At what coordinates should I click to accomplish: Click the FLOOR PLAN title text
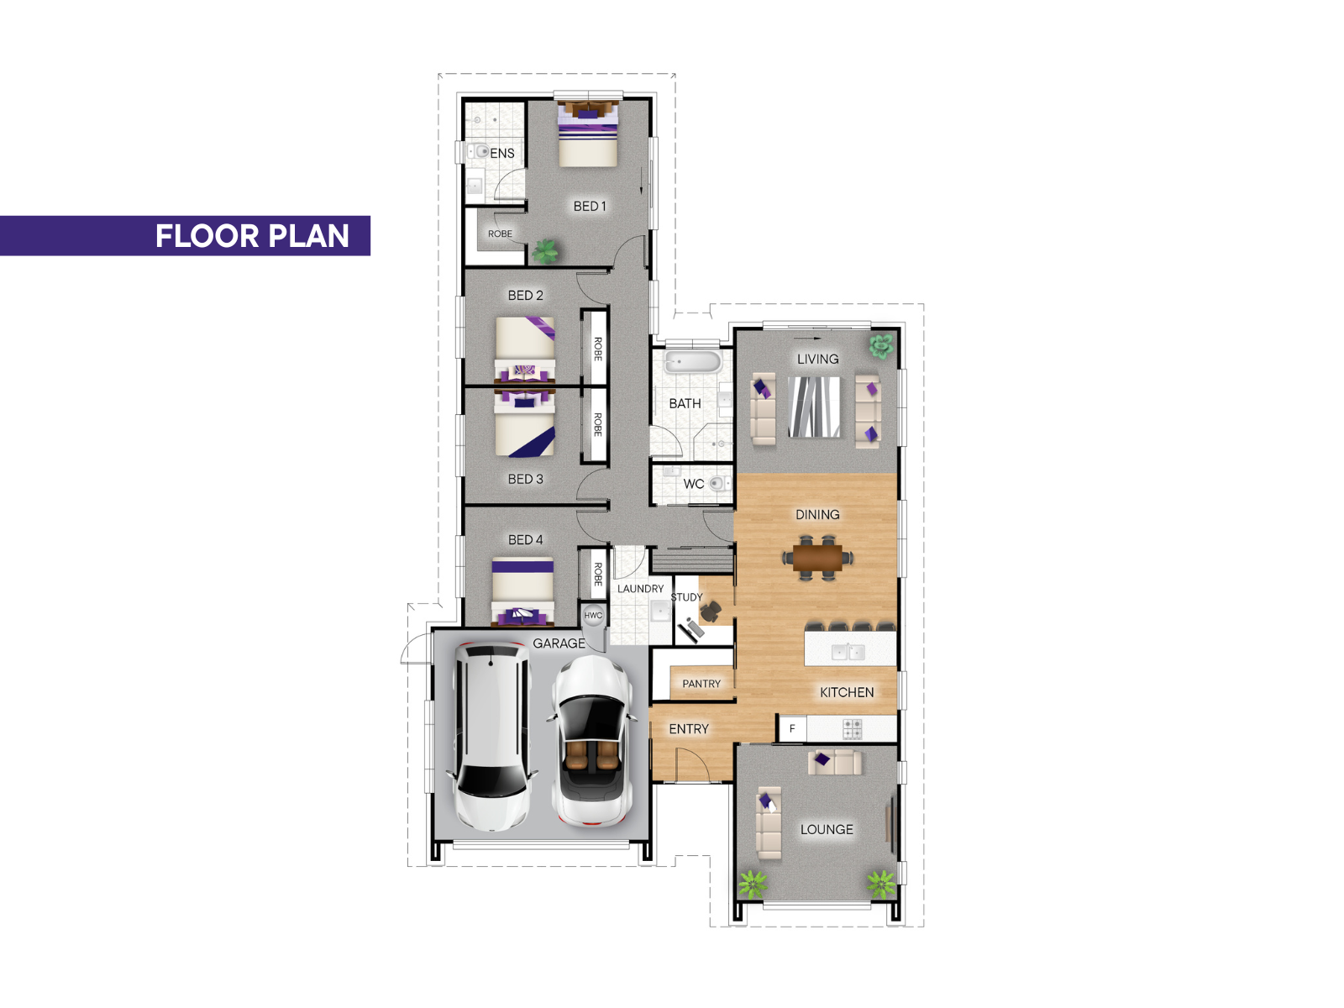252,236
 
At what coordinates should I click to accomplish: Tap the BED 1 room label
589,207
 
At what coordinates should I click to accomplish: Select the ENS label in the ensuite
502,153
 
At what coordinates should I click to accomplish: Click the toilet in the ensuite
478,150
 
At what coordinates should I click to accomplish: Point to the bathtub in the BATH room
692,361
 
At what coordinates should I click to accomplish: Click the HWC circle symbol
593,615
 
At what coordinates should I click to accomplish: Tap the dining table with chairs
817,558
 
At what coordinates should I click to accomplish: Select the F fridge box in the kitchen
792,728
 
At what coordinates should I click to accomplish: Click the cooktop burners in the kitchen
852,729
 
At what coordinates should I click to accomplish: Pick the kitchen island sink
848,652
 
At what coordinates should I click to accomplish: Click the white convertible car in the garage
591,741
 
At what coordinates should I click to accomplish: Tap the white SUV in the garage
491,737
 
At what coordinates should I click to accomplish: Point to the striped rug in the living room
814,407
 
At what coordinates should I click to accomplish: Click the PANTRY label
701,684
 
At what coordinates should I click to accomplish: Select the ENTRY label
688,729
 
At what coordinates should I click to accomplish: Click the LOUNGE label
827,829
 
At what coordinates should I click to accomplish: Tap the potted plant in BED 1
544,251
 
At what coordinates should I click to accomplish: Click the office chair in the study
711,610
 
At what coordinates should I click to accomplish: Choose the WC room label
693,484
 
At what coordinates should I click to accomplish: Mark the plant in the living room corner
881,346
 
